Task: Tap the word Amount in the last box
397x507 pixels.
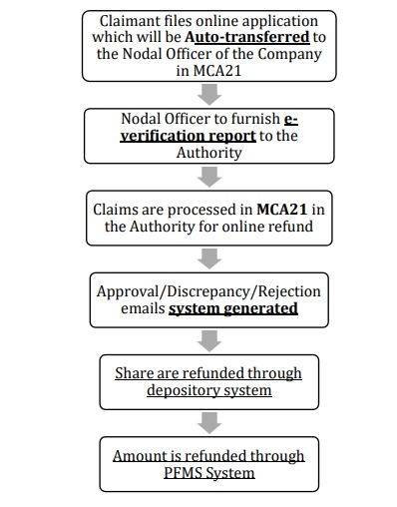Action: tap(143, 455)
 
